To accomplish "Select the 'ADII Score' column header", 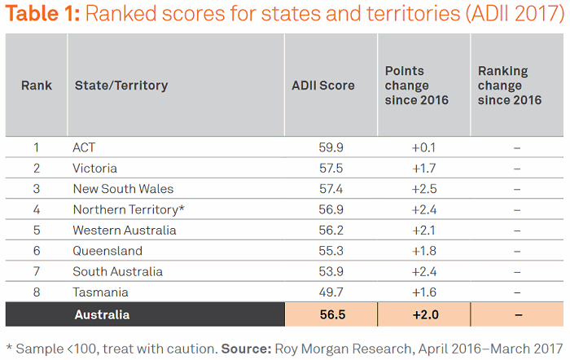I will click(x=323, y=85).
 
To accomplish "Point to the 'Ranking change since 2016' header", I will click(x=510, y=85).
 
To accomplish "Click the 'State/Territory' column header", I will click(x=121, y=85).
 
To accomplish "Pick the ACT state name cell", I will click(x=85, y=147).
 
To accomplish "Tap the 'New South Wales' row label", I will click(x=123, y=189).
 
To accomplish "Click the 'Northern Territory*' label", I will click(x=129, y=209).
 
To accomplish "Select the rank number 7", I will click(x=37, y=271).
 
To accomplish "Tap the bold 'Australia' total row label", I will click(x=102, y=314).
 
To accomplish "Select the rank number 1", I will click(x=37, y=147).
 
